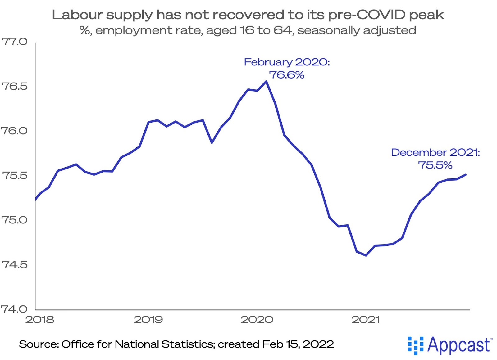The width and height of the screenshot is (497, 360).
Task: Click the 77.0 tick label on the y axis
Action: tap(15, 42)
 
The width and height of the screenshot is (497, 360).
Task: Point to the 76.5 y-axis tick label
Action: tap(15, 86)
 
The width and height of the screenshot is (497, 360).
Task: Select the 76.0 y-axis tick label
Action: tap(15, 131)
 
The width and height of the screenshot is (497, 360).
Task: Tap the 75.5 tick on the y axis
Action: tap(15, 176)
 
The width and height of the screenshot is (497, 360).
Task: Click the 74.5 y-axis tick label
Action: tap(15, 265)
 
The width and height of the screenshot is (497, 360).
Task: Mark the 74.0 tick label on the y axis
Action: tap(15, 309)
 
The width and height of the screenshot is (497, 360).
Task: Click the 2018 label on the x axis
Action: tap(39, 320)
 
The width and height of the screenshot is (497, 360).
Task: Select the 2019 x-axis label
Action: tap(148, 320)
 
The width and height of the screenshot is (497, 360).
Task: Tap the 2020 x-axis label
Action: tap(257, 320)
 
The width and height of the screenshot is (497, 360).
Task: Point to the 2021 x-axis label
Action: tap(366, 320)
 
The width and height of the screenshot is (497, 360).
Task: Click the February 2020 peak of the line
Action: tap(266, 82)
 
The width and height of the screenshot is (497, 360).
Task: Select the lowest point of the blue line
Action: tap(366, 255)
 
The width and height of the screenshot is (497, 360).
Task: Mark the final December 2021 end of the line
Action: tap(466, 175)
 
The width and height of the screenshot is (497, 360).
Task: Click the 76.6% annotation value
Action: tap(286, 75)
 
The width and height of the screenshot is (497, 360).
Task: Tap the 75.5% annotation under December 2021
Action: tap(435, 165)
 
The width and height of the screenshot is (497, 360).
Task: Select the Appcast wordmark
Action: tap(459, 345)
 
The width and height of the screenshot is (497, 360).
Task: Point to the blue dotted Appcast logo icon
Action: tap(415, 345)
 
